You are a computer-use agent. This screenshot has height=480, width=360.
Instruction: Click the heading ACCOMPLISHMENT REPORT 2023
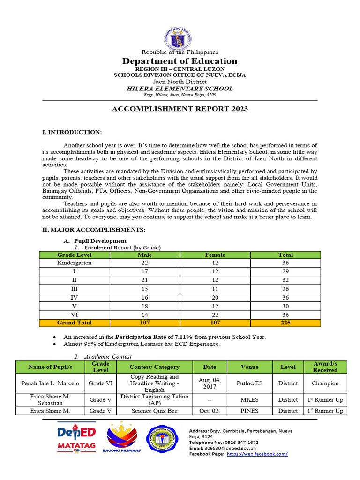coord(180,109)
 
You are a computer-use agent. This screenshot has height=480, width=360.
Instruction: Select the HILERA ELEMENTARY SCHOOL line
coord(180,88)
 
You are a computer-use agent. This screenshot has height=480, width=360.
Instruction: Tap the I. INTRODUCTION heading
coord(72,133)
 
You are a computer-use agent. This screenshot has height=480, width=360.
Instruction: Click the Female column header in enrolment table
coord(215,255)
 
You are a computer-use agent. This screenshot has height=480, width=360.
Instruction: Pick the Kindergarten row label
coord(74,263)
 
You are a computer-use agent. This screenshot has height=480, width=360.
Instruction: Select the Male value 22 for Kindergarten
coord(145,263)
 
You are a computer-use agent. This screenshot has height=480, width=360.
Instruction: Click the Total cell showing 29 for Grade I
coord(285,271)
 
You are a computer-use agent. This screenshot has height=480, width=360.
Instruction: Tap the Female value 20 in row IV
coord(215,297)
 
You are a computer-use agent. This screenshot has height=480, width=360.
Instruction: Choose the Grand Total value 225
coord(285,322)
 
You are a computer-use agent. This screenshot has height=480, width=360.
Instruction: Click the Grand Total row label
coord(74,322)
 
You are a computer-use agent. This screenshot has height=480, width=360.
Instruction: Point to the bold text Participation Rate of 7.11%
coord(154,337)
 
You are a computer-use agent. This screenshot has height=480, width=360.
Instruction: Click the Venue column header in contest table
coord(249,367)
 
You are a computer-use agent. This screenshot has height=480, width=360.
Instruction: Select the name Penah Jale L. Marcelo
coord(50,383)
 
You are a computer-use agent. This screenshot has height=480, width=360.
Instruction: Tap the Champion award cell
coord(325,383)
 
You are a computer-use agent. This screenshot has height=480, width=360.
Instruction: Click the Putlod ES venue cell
coord(249,383)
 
